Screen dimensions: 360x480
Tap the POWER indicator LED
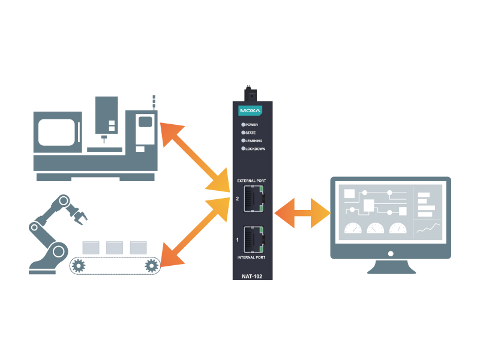(244, 125)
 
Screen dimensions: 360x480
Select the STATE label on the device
(251, 133)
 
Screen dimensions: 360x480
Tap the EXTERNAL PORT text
(252, 180)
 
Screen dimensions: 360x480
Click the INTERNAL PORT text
(252, 257)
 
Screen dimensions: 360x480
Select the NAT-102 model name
(252, 277)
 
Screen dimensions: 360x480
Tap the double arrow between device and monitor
(302, 213)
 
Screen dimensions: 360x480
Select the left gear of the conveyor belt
(79, 265)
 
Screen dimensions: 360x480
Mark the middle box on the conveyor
(114, 247)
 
